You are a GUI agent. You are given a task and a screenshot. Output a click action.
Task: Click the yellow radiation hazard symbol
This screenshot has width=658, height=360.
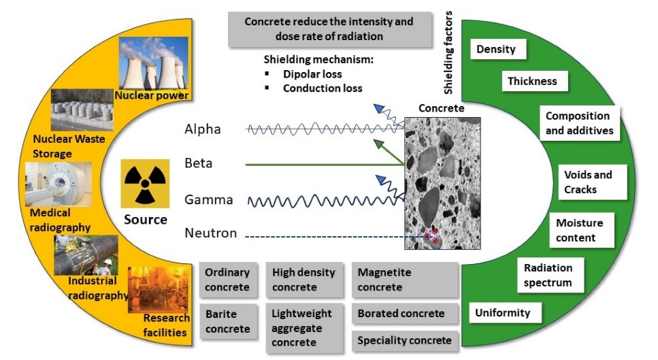pyautogui.click(x=145, y=183)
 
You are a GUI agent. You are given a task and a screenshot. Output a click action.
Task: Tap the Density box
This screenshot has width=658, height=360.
pyautogui.click(x=497, y=50)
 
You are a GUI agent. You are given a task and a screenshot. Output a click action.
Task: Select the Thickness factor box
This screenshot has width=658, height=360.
pyautogui.click(x=535, y=81)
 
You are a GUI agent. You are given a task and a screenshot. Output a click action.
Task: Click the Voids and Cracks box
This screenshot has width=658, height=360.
pyautogui.click(x=592, y=182)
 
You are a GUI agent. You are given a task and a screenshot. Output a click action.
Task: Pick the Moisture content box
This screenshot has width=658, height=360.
pyautogui.click(x=582, y=230)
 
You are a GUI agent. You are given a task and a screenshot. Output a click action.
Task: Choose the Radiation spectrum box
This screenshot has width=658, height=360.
pyautogui.click(x=550, y=275)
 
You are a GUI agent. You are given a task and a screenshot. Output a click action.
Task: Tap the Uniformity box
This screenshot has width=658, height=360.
pyautogui.click(x=505, y=312)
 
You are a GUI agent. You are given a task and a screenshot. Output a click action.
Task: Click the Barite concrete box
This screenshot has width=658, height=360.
pyautogui.click(x=228, y=321)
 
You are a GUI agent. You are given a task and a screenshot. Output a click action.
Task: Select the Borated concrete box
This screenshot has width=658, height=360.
pyautogui.click(x=405, y=314)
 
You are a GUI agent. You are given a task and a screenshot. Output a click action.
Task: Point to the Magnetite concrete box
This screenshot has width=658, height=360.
pyautogui.click(x=405, y=280)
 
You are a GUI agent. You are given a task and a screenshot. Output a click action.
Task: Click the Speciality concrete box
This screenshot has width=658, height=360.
pyautogui.click(x=405, y=340)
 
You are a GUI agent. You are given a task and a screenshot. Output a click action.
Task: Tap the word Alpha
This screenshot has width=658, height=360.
pyautogui.click(x=203, y=129)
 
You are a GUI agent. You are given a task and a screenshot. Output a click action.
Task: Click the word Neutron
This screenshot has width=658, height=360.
pyautogui.click(x=211, y=233)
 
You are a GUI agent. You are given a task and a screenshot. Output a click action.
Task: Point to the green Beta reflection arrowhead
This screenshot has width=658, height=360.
pyautogui.click(x=378, y=144)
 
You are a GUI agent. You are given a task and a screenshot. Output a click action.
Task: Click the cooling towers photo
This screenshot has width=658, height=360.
pyautogui.click(x=154, y=64)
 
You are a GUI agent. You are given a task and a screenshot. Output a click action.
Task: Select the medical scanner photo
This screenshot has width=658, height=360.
pyautogui.click(x=59, y=184)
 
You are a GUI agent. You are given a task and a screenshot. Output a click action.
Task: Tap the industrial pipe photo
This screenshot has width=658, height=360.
pyautogui.click(x=86, y=255)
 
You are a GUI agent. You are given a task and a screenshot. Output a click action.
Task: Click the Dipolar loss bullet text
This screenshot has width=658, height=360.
pyautogui.click(x=312, y=74)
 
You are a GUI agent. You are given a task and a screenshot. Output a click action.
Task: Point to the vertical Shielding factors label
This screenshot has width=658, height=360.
pyautogui.click(x=448, y=52)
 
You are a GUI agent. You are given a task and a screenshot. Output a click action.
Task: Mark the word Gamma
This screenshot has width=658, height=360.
pyautogui.click(x=209, y=199)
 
